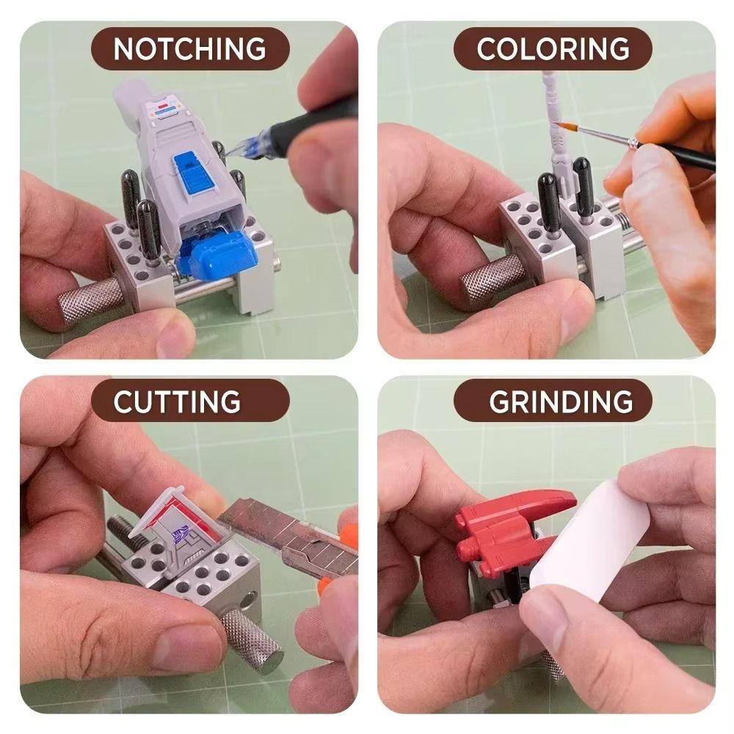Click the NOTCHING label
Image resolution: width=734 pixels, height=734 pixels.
click(189, 48)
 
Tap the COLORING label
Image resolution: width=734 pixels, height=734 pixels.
click(553, 48)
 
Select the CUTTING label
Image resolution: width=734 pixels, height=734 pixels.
click(177, 401)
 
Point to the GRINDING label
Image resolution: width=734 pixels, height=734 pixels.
click(561, 401)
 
